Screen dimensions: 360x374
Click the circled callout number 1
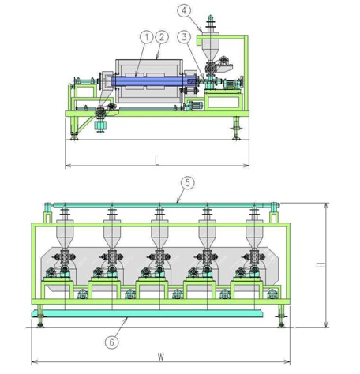(147, 37)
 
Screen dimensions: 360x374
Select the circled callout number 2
(162, 37)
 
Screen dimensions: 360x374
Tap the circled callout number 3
(184, 37)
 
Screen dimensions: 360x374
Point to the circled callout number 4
(184, 11)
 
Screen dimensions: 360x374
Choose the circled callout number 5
(187, 183)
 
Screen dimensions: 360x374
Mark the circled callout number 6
(112, 342)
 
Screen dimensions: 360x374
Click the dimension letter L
(157, 162)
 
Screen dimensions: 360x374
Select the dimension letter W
(161, 357)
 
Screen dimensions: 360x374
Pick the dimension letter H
(321, 265)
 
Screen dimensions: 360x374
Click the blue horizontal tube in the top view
(154, 80)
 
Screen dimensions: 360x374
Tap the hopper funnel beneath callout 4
(210, 48)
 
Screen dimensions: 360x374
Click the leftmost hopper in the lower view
(65, 234)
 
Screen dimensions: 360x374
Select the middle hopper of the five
(159, 234)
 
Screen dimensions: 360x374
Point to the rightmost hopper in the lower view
(254, 234)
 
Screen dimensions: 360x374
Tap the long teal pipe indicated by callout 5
(162, 205)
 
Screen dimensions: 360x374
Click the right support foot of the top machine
(236, 128)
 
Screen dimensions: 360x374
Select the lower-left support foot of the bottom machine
(40, 316)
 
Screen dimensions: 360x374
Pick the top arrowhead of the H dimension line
(326, 206)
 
